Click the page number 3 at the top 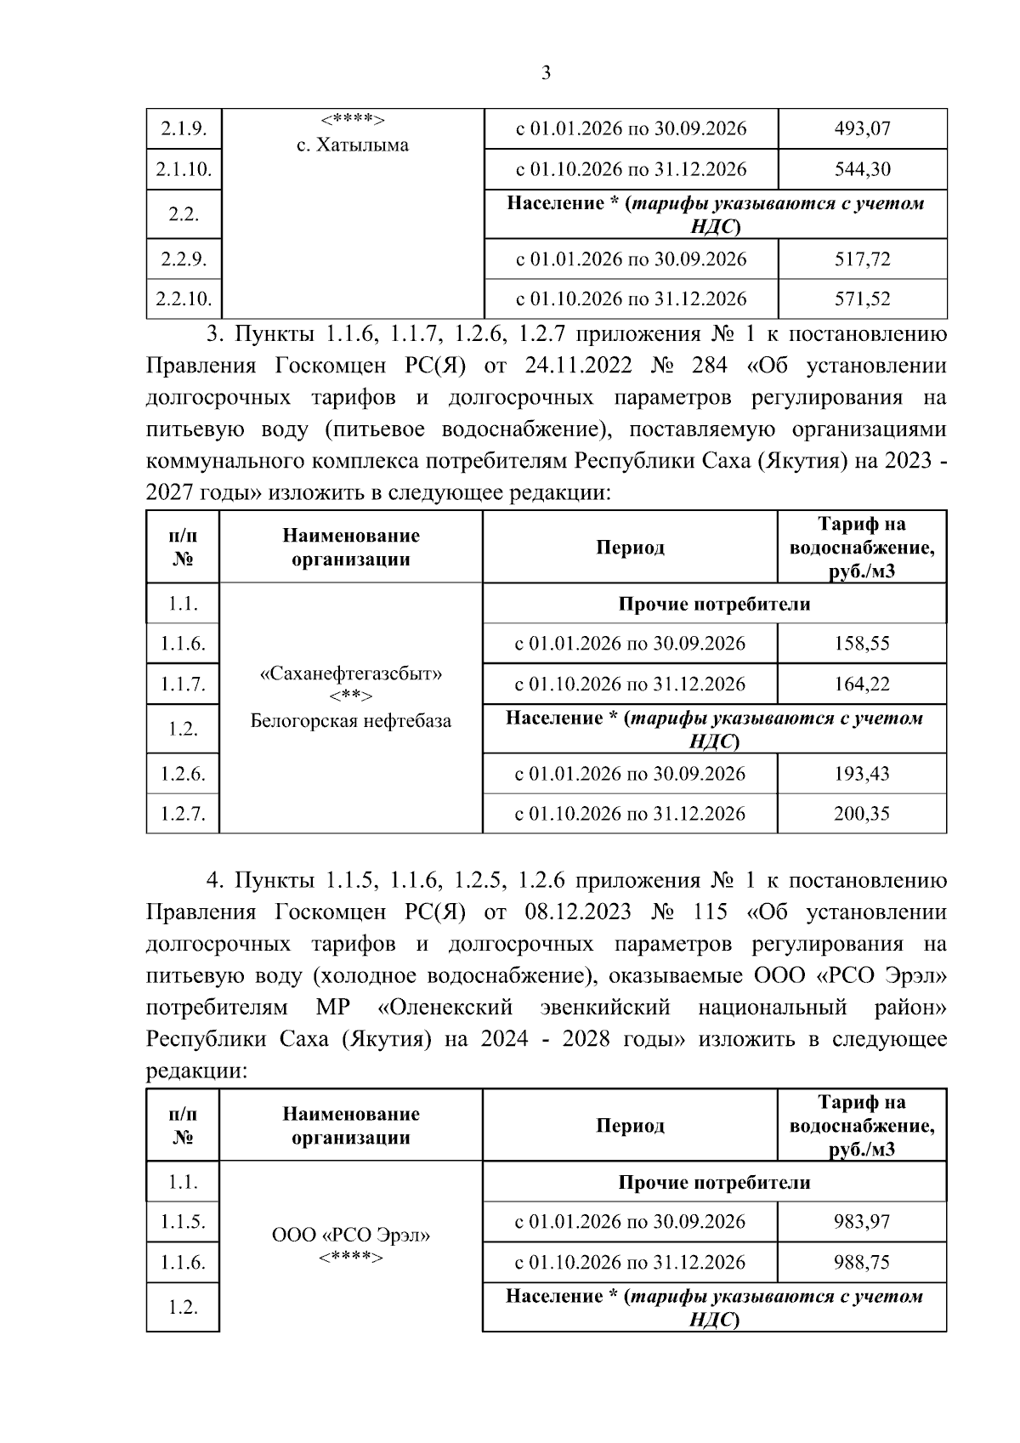(x=546, y=73)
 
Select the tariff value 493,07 (x=862, y=129)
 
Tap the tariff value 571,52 (x=862, y=299)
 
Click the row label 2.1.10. (x=183, y=169)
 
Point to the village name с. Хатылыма (x=352, y=145)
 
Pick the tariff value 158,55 (x=862, y=644)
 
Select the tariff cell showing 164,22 (x=862, y=685)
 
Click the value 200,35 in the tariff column (x=862, y=814)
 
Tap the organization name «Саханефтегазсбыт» (x=350, y=674)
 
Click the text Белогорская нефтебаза (x=350, y=722)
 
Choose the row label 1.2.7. (x=183, y=814)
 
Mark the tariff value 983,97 (x=862, y=1222)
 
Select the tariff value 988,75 (x=862, y=1263)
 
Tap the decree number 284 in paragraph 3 (x=710, y=366)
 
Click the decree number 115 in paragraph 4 (x=710, y=912)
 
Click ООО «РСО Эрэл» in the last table (x=350, y=1236)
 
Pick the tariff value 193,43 (x=862, y=774)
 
